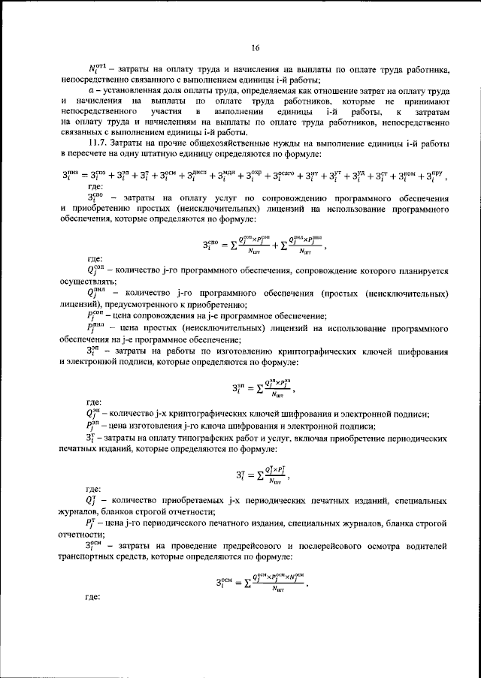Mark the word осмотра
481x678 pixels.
(391, 542)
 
